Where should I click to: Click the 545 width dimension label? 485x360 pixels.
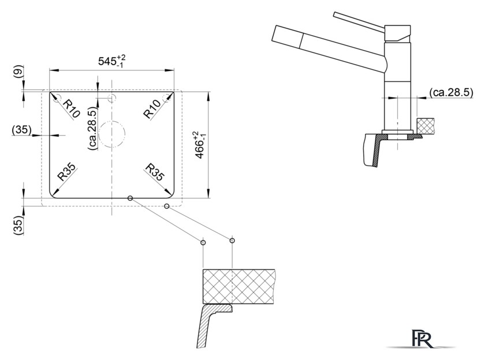pos(111,61)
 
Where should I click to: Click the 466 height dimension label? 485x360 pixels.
pos(200,145)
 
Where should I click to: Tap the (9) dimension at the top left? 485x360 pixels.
pos(18,72)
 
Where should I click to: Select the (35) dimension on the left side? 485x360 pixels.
pos(22,130)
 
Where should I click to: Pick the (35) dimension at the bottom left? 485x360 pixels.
pos(18,225)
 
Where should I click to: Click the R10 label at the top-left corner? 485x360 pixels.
pos(71,108)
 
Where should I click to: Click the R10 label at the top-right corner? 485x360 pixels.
pos(152,109)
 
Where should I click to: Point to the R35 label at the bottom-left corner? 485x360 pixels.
pos(67,172)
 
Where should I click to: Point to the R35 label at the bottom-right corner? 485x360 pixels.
pos(154,172)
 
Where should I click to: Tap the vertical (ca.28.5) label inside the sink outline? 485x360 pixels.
pos(92,129)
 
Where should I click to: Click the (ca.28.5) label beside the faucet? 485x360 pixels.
pos(452,92)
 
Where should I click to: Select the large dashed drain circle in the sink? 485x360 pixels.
pos(111,121)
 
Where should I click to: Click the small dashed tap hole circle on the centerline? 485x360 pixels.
pos(111,95)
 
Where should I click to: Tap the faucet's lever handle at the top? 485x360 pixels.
pos(359,21)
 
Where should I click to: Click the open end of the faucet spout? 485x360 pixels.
pos(274,33)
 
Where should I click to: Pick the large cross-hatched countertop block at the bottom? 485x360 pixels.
pos(239,287)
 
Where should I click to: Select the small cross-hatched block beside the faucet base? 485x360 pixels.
pos(426,126)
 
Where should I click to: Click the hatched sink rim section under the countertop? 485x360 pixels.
pos(214,325)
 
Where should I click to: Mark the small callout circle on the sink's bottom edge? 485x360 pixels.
pos(130,198)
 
